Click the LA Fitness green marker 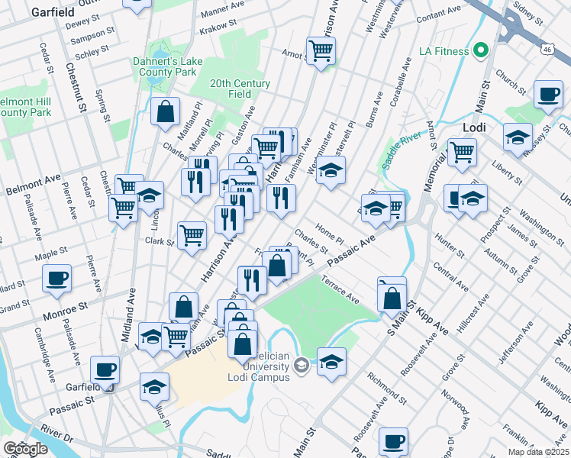[x=480, y=52]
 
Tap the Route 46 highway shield [x=548, y=49]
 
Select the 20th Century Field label [x=240, y=89]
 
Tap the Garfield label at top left [x=52, y=11]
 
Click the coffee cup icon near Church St [x=548, y=95]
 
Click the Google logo [x=25, y=449]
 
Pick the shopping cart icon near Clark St [x=192, y=234]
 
